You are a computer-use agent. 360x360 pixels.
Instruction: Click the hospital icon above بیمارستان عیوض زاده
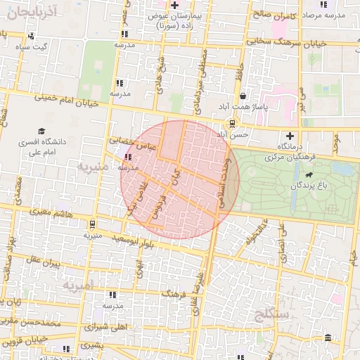tap(175, 5)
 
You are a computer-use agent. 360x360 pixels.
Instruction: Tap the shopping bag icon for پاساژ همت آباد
tap(243, 96)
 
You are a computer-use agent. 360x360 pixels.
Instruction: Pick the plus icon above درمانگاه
tap(290, 135)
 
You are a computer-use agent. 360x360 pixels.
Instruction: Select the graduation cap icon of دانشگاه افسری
tap(41, 131)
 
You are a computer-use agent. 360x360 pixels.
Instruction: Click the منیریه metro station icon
tap(92, 224)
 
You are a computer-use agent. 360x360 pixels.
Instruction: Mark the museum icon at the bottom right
tap(329, 341)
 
